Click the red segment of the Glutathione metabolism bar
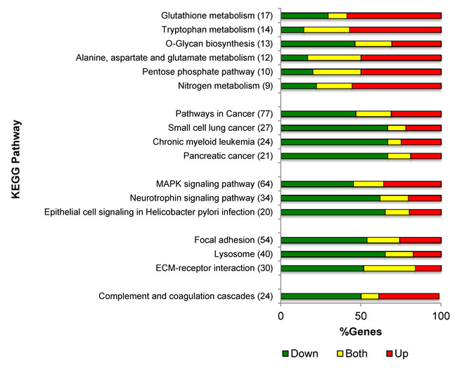click(x=394, y=15)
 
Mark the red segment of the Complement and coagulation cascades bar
click(x=408, y=296)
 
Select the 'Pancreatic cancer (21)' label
click(x=228, y=156)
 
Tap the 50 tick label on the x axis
click(x=361, y=317)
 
